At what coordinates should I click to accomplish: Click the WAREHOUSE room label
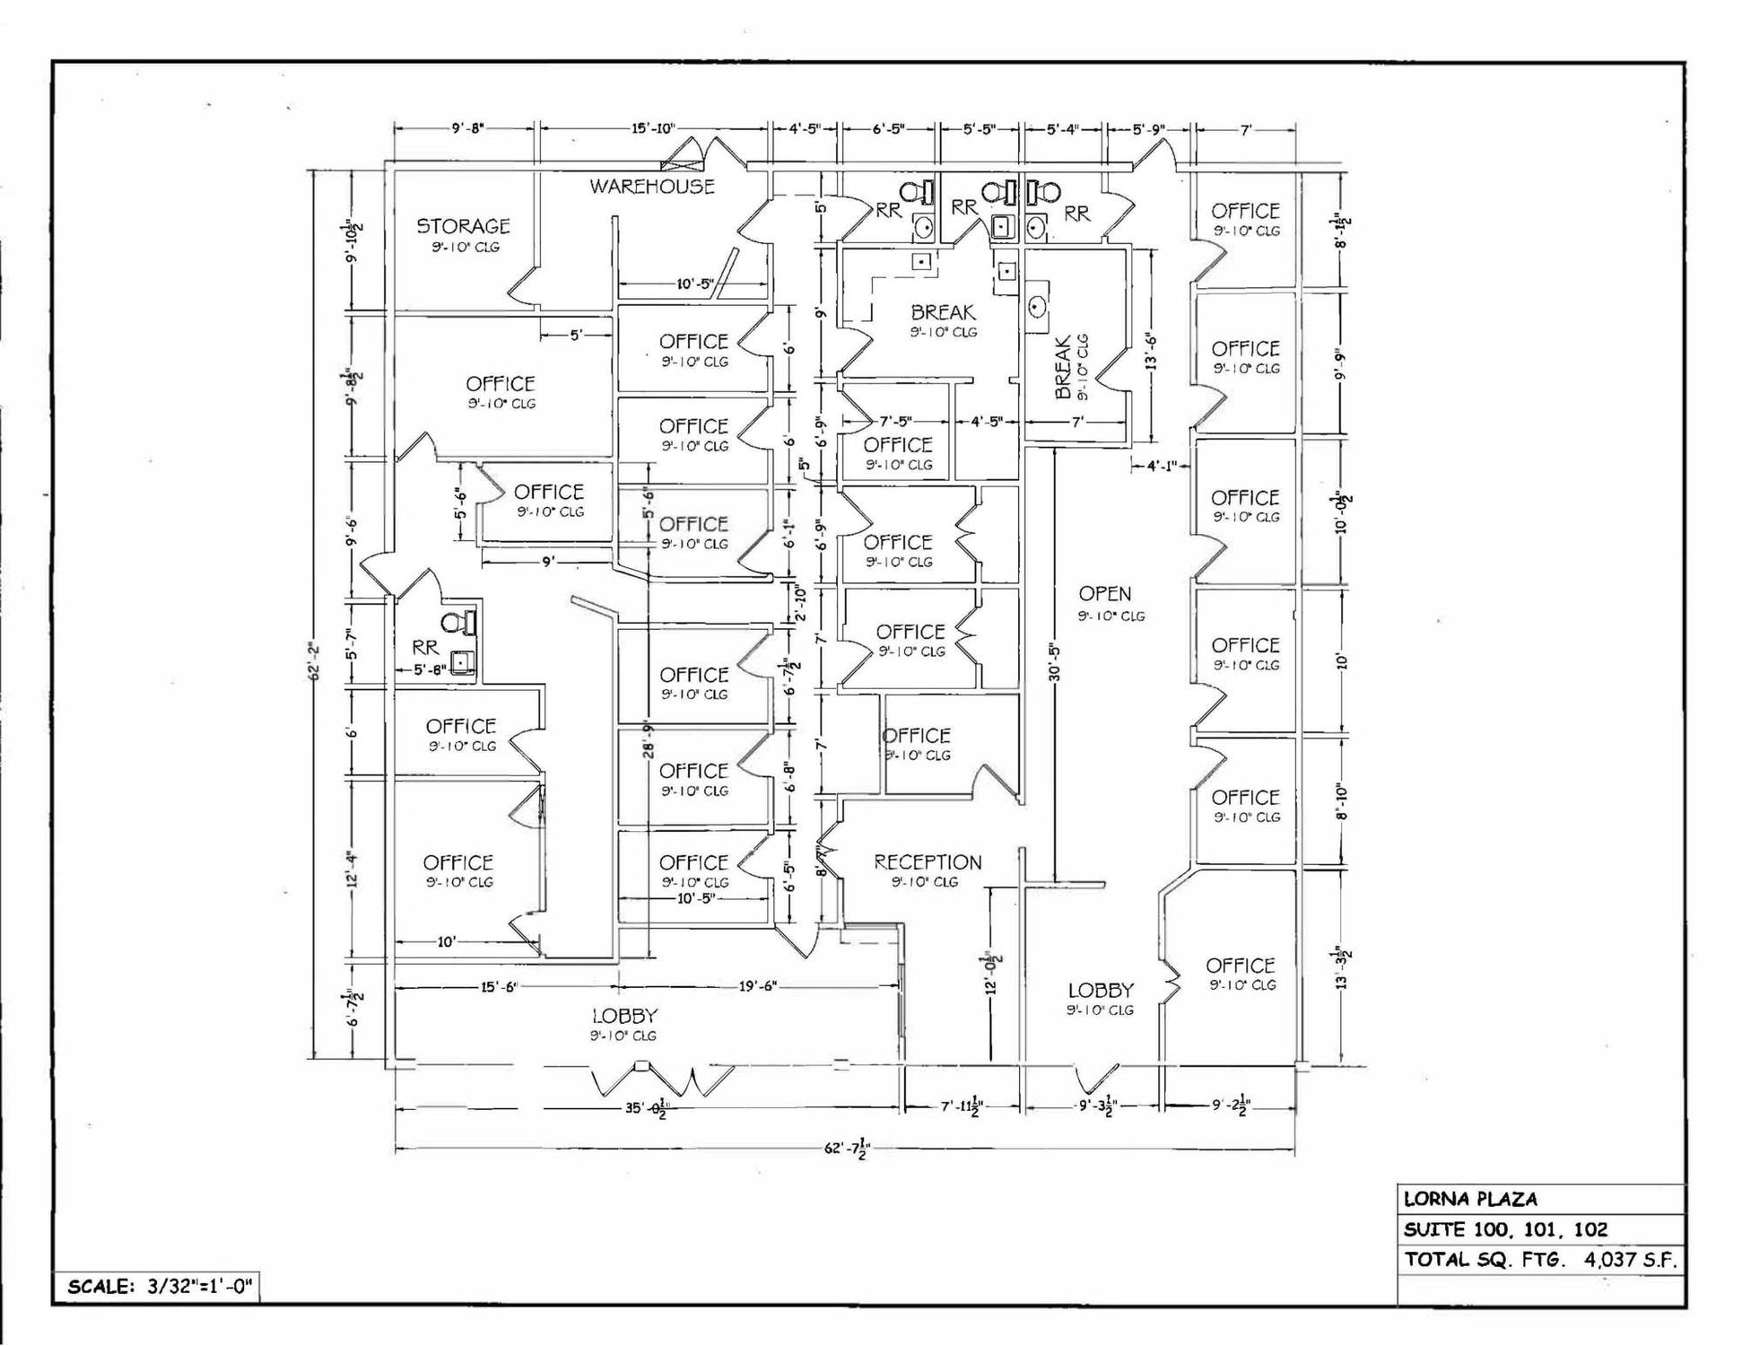pyautogui.click(x=652, y=187)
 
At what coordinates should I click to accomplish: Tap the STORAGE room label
pyautogui.click(x=463, y=226)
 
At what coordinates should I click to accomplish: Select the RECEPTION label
pyautogui.click(x=928, y=862)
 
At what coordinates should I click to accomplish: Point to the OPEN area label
pyautogui.click(x=1104, y=594)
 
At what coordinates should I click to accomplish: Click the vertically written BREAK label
pyautogui.click(x=1064, y=368)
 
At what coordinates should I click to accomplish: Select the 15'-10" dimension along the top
pyautogui.click(x=652, y=128)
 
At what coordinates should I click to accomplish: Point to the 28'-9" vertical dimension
pyautogui.click(x=649, y=739)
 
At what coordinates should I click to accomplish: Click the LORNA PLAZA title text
pyautogui.click(x=1470, y=1199)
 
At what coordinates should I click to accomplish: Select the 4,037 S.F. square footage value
pyautogui.click(x=1629, y=1259)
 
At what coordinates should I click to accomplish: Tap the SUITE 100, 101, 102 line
pyautogui.click(x=1505, y=1229)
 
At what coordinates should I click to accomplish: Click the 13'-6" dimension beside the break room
pyautogui.click(x=1152, y=351)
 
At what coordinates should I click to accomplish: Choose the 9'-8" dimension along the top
pyautogui.click(x=466, y=128)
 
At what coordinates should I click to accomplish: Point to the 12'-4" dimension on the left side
pyautogui.click(x=353, y=869)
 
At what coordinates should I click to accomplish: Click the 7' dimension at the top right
pyautogui.click(x=1246, y=129)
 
